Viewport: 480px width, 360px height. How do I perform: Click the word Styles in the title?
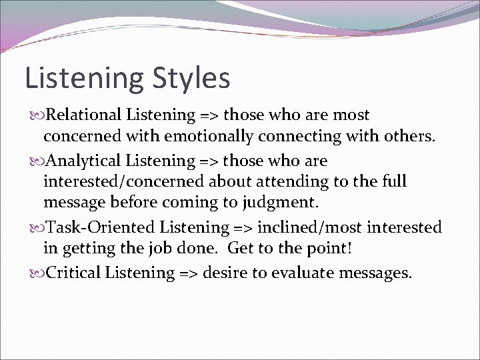tap(190, 78)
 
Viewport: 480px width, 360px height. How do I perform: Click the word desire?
tap(223, 273)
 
